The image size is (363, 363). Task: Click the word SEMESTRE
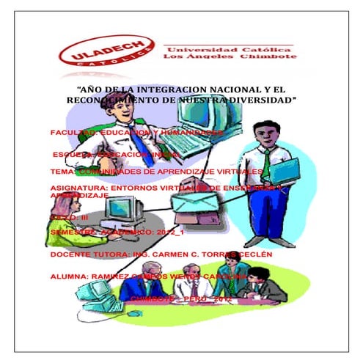72,231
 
